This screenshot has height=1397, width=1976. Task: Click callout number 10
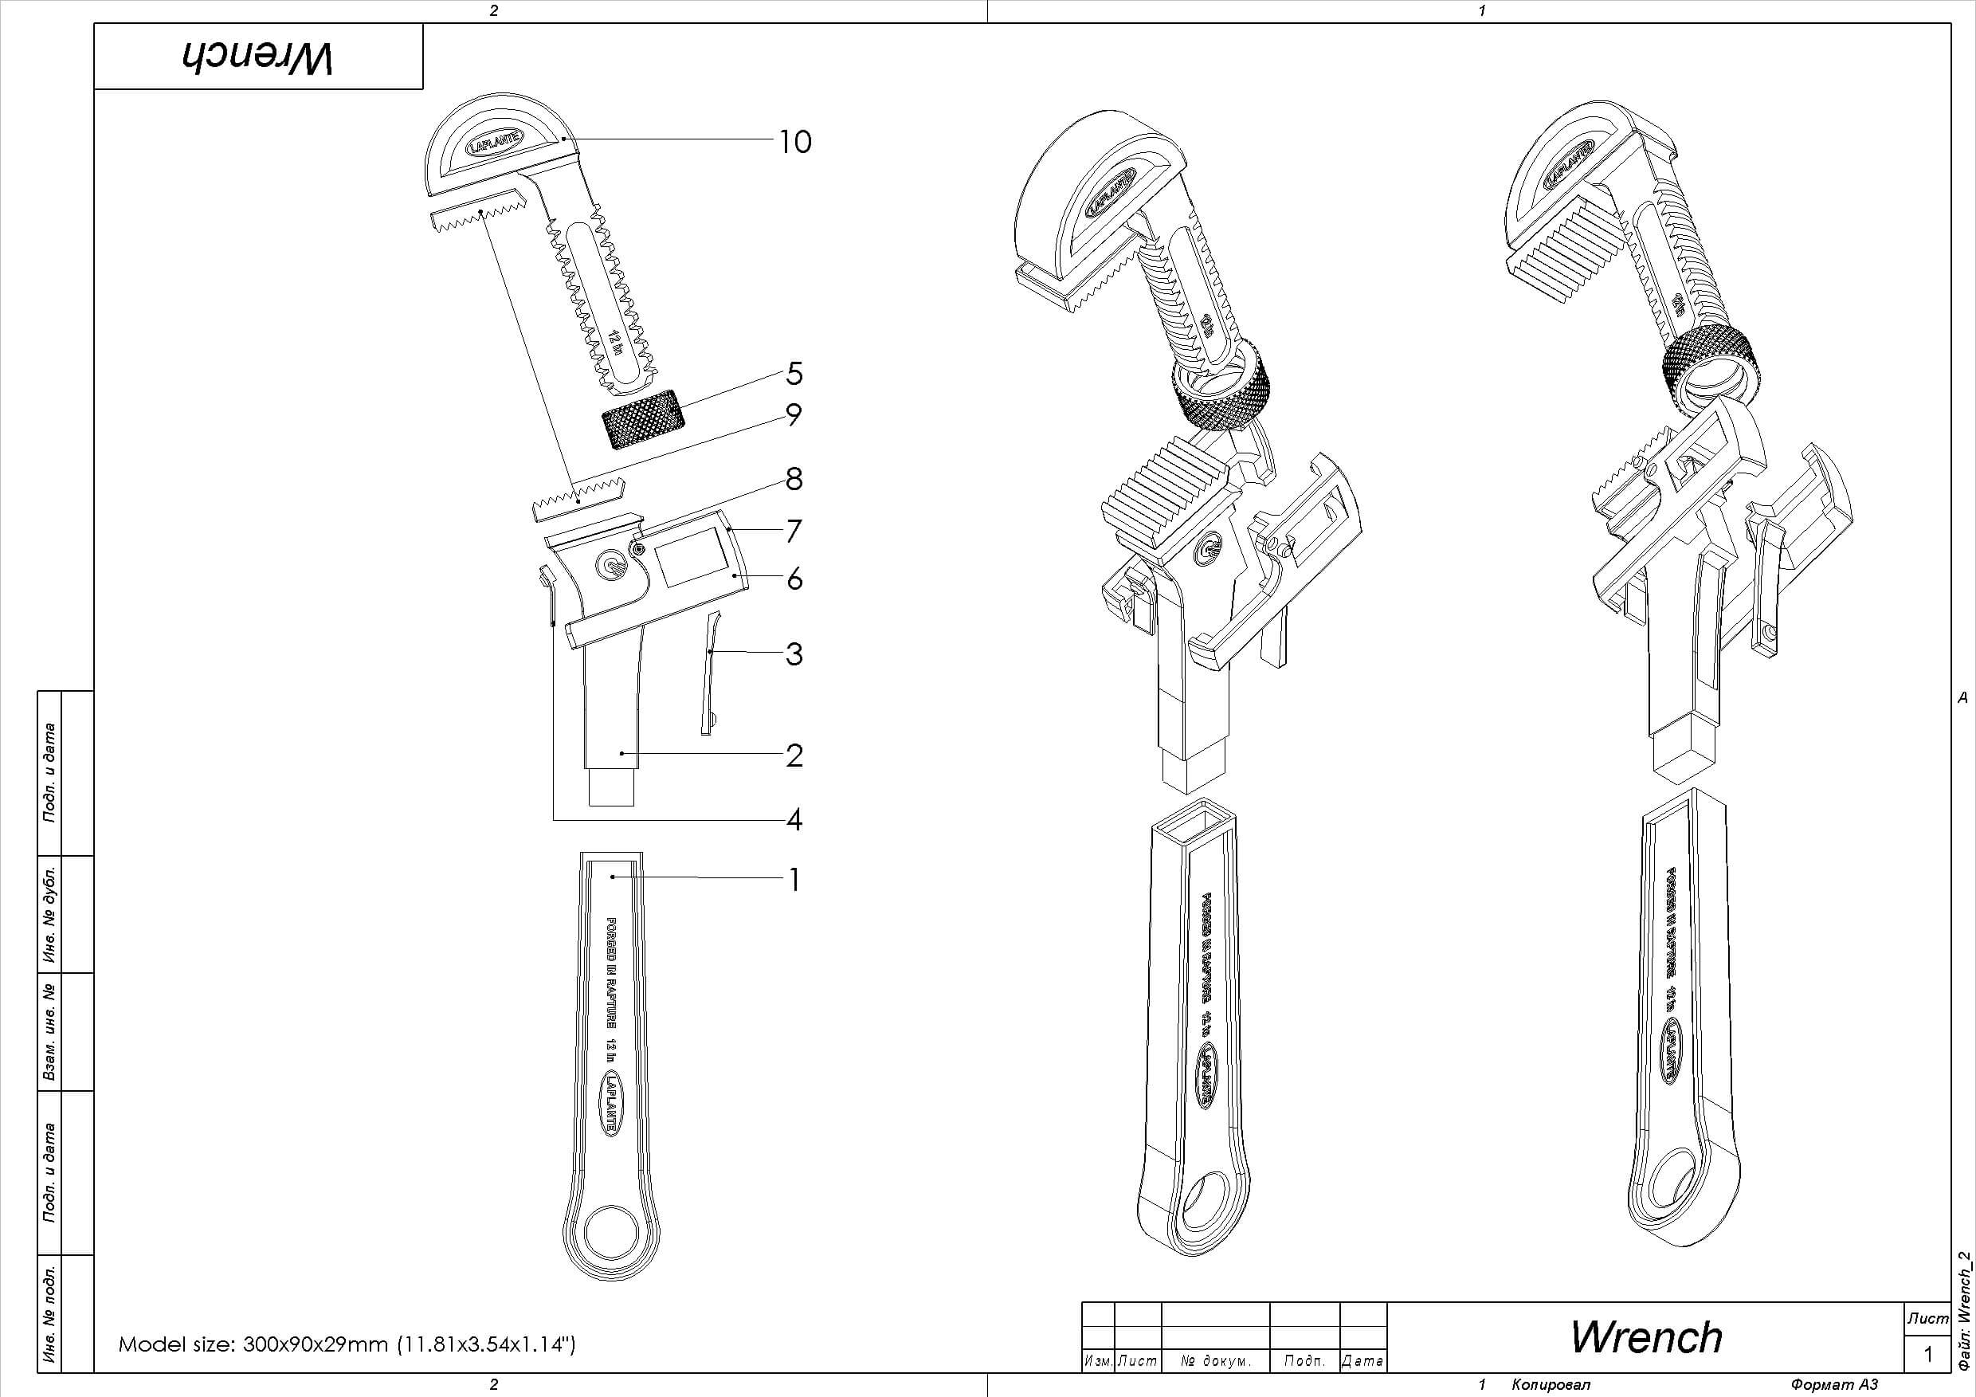[794, 142]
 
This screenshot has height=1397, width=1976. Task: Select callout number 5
[794, 374]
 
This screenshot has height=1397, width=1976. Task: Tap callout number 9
[794, 415]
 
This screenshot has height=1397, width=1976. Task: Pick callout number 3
[794, 654]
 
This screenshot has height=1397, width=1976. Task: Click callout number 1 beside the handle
[794, 880]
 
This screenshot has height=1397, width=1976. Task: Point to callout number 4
[794, 819]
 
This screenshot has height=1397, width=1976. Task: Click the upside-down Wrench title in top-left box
[257, 57]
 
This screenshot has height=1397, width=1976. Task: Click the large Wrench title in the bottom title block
[1645, 1336]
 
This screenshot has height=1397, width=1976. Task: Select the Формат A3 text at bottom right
[1833, 1384]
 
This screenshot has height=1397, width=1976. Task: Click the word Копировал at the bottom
[1550, 1384]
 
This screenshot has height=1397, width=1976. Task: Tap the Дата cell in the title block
[1362, 1361]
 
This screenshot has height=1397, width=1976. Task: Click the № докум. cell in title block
[1214, 1361]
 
